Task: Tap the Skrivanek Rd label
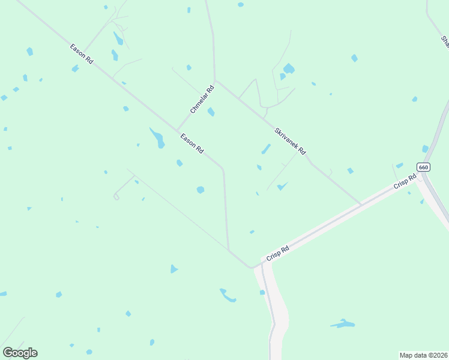[x=291, y=141]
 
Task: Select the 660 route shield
[x=423, y=167]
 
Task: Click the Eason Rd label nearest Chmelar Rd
[x=192, y=145]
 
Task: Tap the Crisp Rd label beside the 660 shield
[x=405, y=182]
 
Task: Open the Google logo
[x=20, y=353]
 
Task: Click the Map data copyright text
[x=423, y=355]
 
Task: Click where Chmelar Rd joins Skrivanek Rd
[x=215, y=80]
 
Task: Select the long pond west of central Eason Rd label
[x=158, y=138]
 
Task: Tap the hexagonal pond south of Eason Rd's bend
[x=200, y=190]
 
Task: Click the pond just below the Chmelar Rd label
[x=211, y=112]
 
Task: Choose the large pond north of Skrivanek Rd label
[x=288, y=69]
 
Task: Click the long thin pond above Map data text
[x=343, y=324]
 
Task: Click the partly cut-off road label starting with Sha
[x=445, y=41]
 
